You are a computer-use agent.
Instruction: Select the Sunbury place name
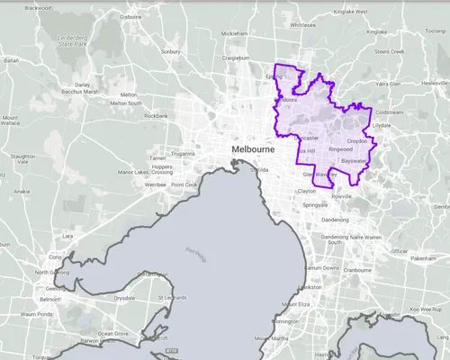click(171, 52)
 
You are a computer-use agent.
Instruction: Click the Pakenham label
click(422, 258)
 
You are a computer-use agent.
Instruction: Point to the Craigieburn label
click(236, 58)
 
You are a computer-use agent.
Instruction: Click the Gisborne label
click(131, 16)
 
